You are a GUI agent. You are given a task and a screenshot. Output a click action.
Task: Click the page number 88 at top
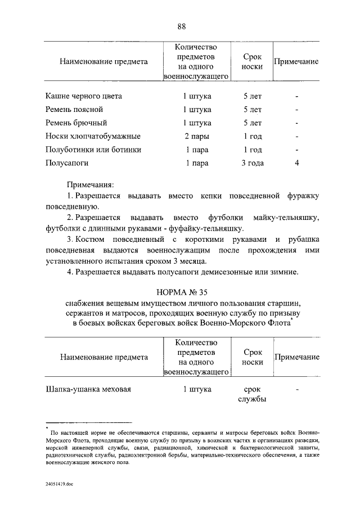pyautogui.click(x=181, y=26)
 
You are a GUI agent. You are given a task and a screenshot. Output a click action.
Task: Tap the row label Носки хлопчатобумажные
pyautogui.click(x=93, y=136)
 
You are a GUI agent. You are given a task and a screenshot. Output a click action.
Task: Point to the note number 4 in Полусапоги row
pyautogui.click(x=296, y=163)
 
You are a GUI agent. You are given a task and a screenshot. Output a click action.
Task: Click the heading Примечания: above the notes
pyautogui.click(x=91, y=184)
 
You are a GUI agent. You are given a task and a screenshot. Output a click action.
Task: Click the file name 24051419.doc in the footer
pyautogui.click(x=60, y=483)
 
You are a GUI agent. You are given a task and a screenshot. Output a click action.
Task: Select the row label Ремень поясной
pyautogui.click(x=74, y=110)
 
